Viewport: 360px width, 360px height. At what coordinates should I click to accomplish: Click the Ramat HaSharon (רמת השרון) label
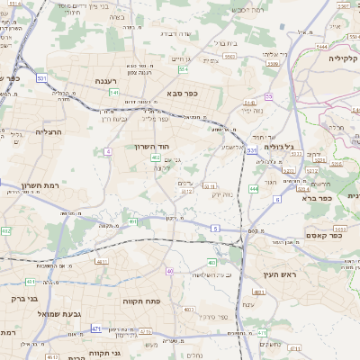[x=39, y=184]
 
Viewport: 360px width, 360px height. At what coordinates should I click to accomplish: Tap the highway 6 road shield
[x=277, y=199]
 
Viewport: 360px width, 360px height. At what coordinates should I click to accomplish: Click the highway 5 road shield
[x=215, y=229]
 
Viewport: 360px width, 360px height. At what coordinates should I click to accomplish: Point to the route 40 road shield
[x=169, y=270]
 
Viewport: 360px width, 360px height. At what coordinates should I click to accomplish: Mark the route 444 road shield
[x=254, y=188]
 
